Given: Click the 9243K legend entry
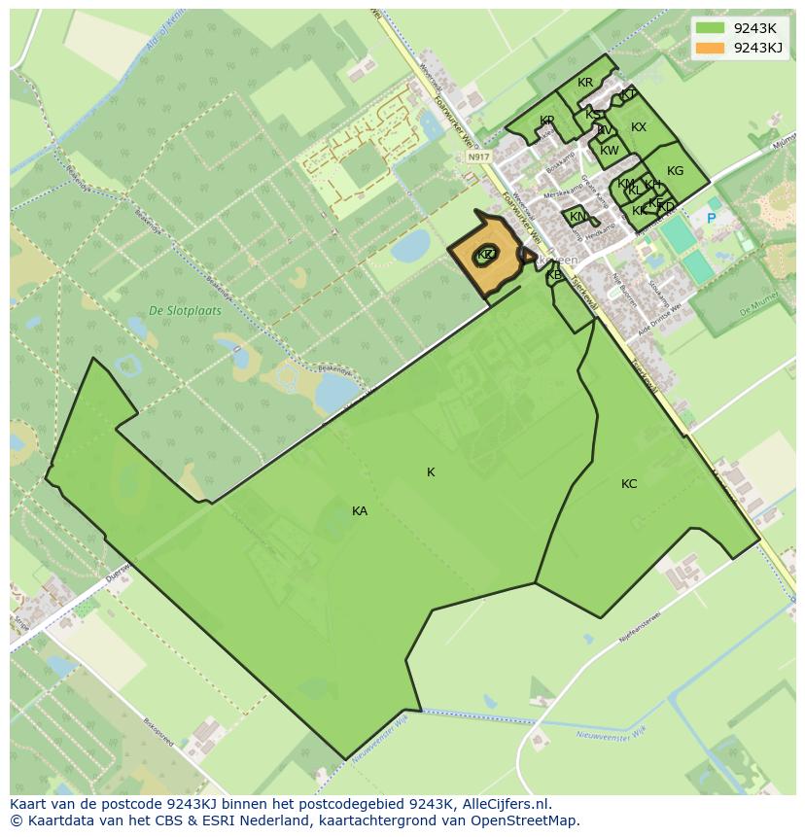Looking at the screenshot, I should coord(754,28).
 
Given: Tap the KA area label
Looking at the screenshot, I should coord(360,511).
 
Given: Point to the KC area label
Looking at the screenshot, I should coord(629,484).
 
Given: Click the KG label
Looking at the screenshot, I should coord(675,171).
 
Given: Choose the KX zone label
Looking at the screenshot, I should coord(639,127).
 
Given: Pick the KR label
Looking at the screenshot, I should coord(585,83).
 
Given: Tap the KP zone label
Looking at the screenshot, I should coord(546,121).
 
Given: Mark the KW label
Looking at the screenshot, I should coord(610,151).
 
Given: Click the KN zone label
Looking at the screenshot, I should coord(577,217).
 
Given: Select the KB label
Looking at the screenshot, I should coord(554,275).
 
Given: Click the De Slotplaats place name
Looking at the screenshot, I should coord(185,311).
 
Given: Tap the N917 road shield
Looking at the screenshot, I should coord(477,157).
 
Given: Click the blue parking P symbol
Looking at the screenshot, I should coord(711,219).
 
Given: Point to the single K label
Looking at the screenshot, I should coord(431,472).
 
